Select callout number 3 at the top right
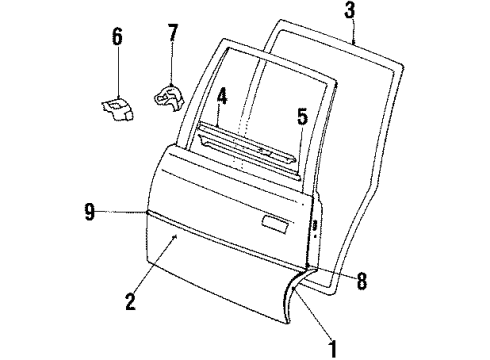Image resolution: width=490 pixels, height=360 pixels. [x=350, y=11]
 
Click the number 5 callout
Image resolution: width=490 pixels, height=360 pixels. [x=301, y=117]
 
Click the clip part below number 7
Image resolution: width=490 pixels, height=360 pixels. [x=168, y=95]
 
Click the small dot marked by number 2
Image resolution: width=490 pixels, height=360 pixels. [x=176, y=236]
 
